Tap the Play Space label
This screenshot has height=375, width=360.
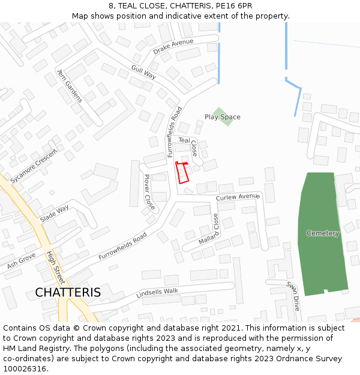click(222, 117)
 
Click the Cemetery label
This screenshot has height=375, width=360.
click(323, 233)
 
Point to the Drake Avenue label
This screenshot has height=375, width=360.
click(173, 46)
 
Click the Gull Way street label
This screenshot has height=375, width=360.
click(143, 72)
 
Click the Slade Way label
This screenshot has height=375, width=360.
click(55, 214)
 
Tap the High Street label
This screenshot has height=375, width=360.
click(55, 268)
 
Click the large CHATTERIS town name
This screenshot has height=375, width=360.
click(68, 293)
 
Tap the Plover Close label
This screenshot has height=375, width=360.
click(149, 192)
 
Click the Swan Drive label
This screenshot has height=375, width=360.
click(292, 296)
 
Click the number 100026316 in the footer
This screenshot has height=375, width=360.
click(25, 368)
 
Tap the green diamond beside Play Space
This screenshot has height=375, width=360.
click(221, 112)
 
